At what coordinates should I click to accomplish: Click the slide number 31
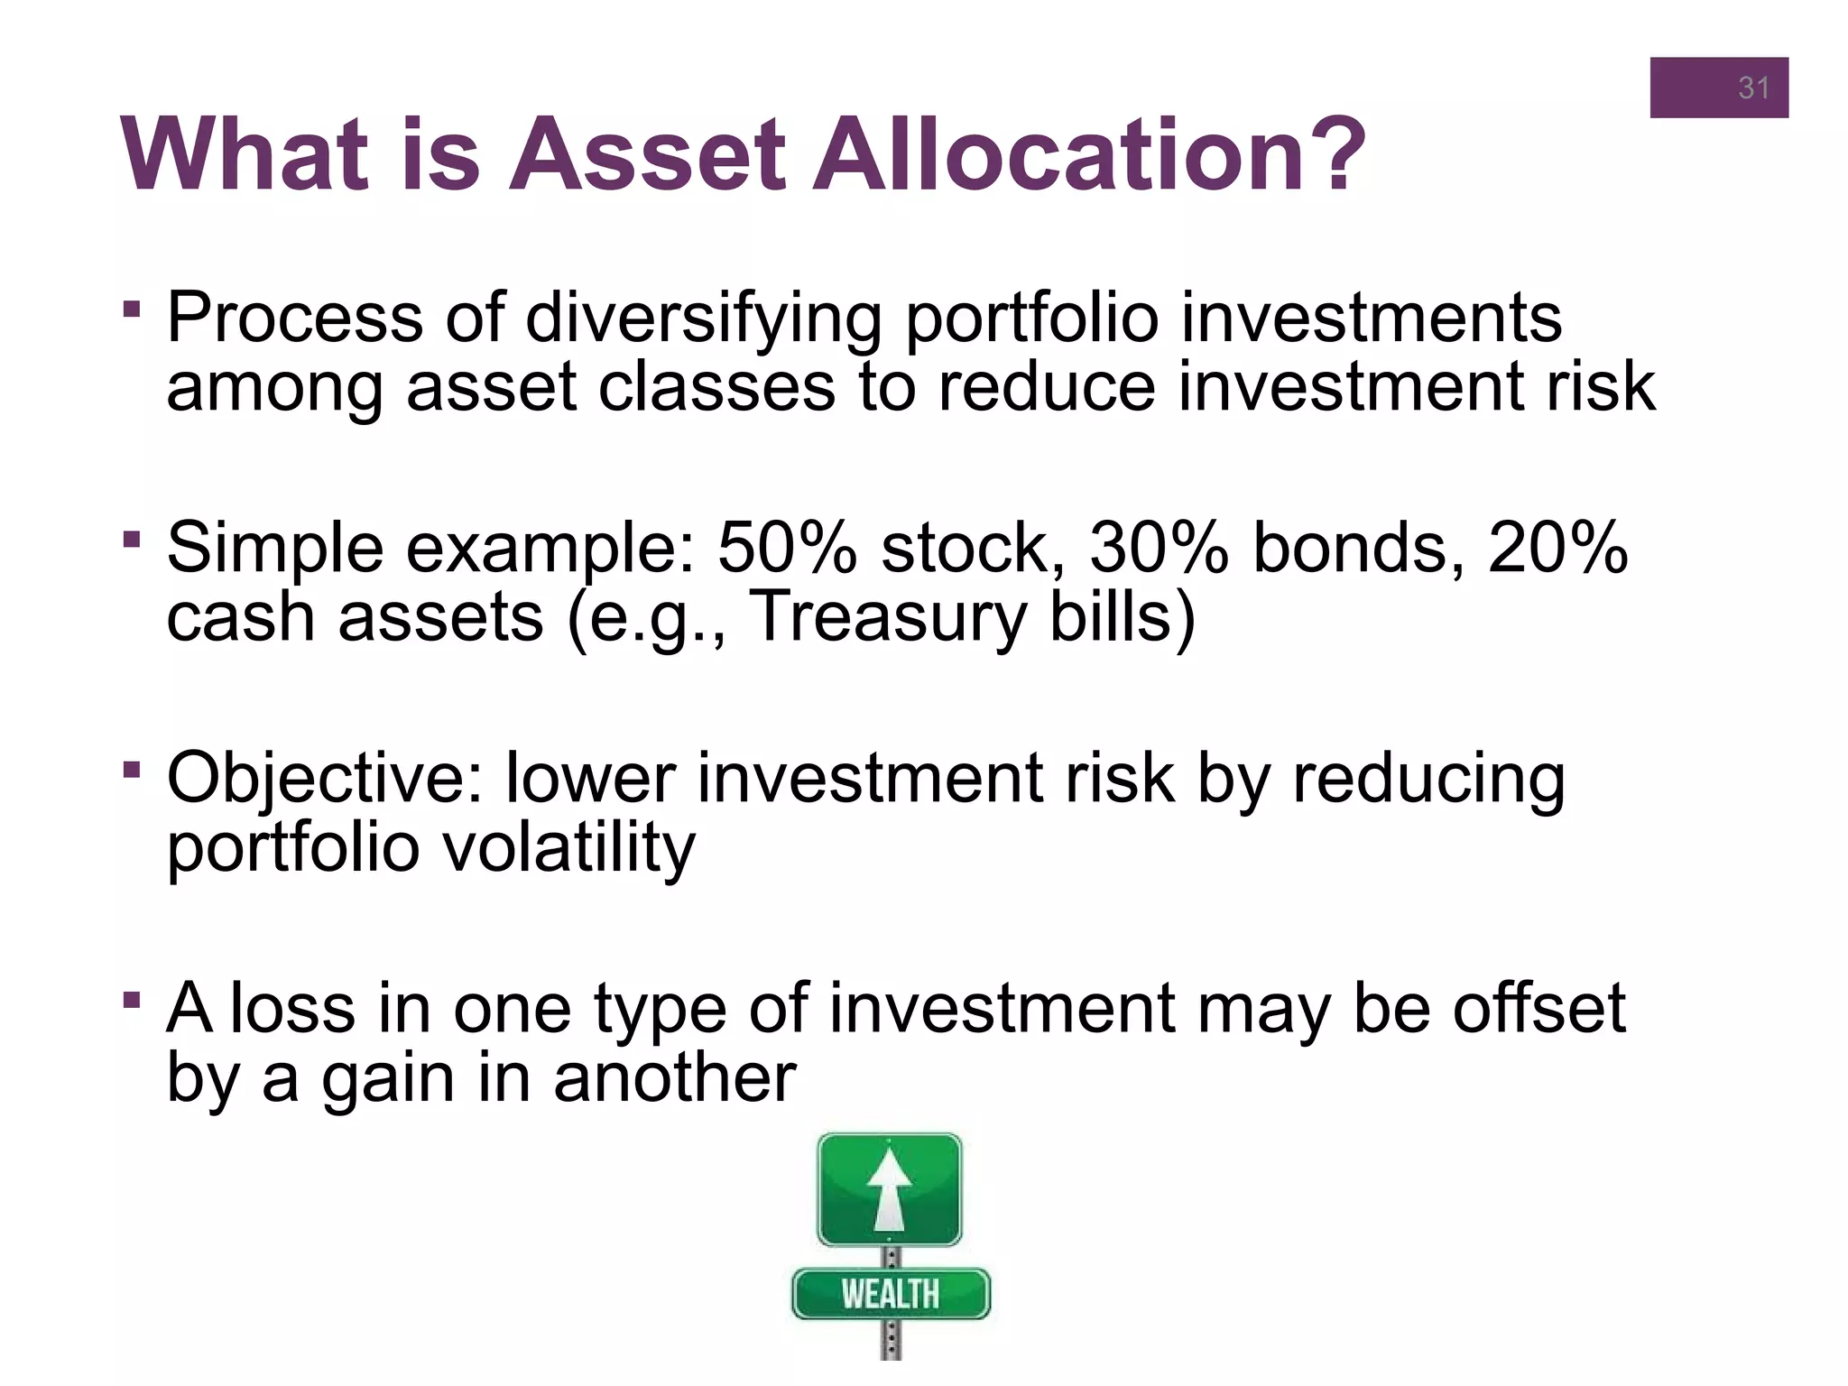click(x=1753, y=88)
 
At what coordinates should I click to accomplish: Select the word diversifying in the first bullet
click(x=704, y=319)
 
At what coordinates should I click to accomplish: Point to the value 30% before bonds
click(x=1159, y=548)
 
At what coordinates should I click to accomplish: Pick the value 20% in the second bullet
click(x=1557, y=548)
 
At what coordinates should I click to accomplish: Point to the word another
click(x=675, y=1078)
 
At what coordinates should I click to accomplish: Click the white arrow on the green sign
click(x=890, y=1189)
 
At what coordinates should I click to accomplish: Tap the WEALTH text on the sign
click(x=891, y=1294)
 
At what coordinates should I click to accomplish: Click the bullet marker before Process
click(x=133, y=310)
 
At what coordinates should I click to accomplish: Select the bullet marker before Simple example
click(x=133, y=540)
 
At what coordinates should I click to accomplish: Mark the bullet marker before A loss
click(x=133, y=1000)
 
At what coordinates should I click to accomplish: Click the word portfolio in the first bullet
click(x=1031, y=319)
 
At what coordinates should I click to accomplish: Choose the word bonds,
click(x=1359, y=548)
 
